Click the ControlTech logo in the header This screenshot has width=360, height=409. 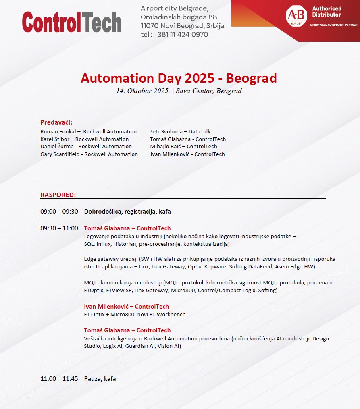[71, 22]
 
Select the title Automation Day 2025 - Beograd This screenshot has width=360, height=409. [179, 78]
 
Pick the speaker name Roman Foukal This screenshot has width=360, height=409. [58, 132]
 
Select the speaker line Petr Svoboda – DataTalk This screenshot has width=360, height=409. [180, 132]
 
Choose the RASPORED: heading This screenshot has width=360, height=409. [58, 195]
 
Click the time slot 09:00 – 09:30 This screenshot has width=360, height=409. [59, 212]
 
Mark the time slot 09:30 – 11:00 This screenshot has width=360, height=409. [59, 228]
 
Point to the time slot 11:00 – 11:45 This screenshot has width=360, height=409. [59, 379]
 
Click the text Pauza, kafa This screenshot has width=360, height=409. [100, 379]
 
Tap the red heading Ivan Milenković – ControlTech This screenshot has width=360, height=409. [126, 307]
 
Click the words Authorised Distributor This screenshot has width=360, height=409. [327, 12]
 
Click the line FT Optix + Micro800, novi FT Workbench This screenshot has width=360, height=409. [135, 314]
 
